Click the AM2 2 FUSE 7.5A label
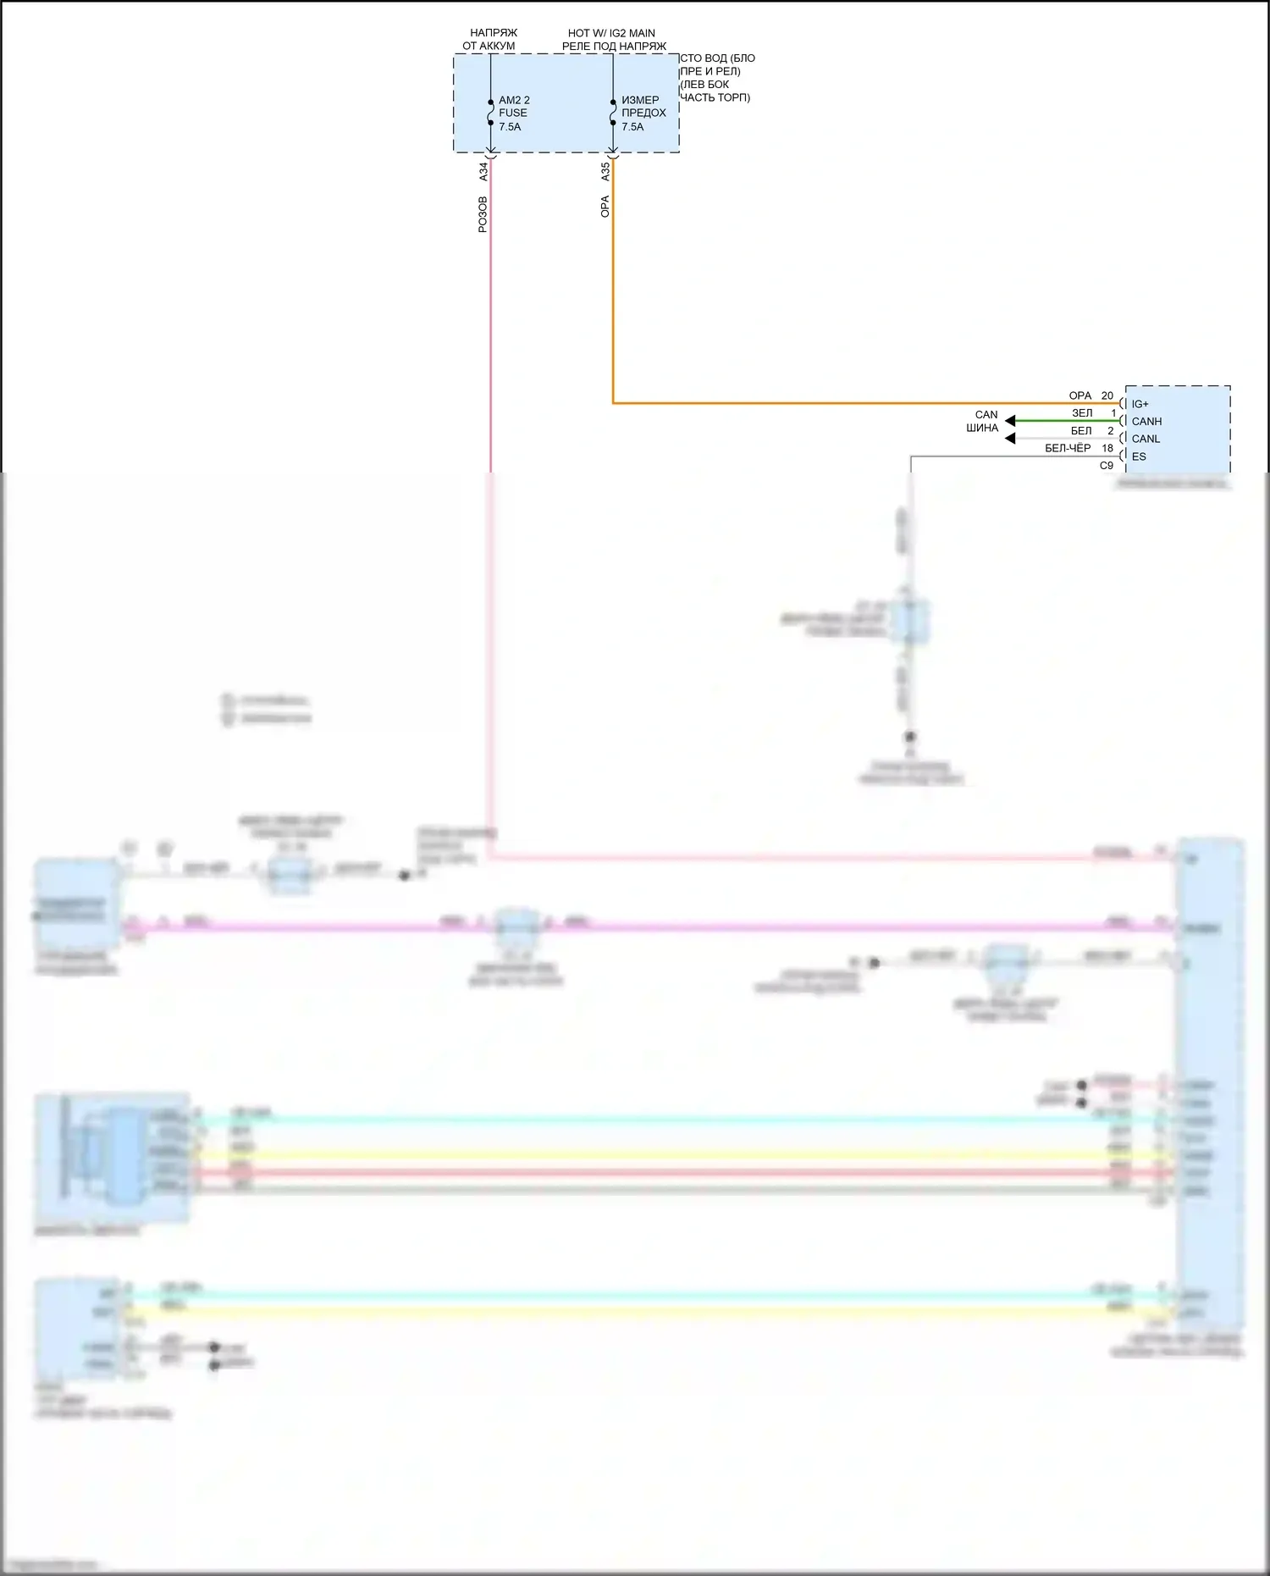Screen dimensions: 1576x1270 513,113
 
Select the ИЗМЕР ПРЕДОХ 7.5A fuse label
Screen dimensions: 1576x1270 643,113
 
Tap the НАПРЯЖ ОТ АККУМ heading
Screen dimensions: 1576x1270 489,40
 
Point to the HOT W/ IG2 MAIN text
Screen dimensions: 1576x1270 611,34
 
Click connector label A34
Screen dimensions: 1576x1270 484,172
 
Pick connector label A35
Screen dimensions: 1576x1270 605,172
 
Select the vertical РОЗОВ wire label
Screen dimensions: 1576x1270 483,215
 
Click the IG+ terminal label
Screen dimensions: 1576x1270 1140,405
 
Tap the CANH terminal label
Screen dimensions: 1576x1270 1146,422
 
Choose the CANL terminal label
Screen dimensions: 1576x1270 1146,440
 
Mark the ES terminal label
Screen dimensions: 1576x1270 1139,457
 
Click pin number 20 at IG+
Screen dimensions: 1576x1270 1107,396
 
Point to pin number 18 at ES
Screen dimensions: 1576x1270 1107,449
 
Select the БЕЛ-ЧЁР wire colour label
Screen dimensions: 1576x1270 1068,449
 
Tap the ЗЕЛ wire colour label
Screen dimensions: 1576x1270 1082,414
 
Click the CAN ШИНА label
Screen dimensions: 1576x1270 984,422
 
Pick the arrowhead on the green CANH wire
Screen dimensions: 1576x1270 1010,421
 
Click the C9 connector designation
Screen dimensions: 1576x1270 1107,467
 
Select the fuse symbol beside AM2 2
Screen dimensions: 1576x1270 491,113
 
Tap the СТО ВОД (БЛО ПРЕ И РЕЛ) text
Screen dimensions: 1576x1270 717,65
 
